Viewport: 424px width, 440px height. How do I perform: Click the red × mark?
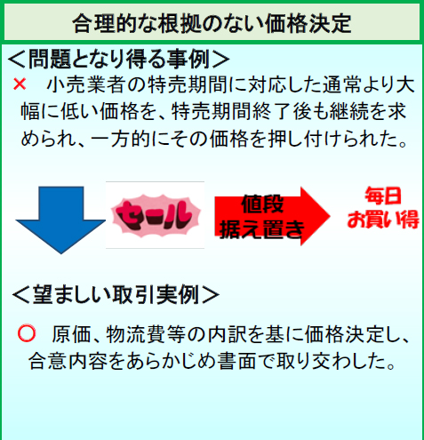point(20,84)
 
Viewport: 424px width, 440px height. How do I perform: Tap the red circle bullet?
point(27,333)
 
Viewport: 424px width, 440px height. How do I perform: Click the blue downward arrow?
point(60,220)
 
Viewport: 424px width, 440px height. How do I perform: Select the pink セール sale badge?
point(156,215)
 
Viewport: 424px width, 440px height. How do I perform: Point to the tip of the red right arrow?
point(330,216)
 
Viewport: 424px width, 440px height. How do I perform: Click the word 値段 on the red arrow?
point(262,204)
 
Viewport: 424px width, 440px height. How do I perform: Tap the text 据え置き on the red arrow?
point(262,229)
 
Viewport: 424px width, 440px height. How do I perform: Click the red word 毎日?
point(383,196)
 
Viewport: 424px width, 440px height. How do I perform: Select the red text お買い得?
point(383,220)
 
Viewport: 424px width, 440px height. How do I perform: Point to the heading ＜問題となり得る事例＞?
point(118,59)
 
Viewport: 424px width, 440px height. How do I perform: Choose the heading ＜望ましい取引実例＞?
point(116,295)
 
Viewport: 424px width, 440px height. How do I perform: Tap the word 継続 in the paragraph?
point(349,112)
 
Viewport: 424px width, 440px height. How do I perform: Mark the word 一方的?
point(121,139)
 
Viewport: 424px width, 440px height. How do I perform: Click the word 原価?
point(71,334)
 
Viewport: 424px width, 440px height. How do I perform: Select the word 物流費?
point(136,334)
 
